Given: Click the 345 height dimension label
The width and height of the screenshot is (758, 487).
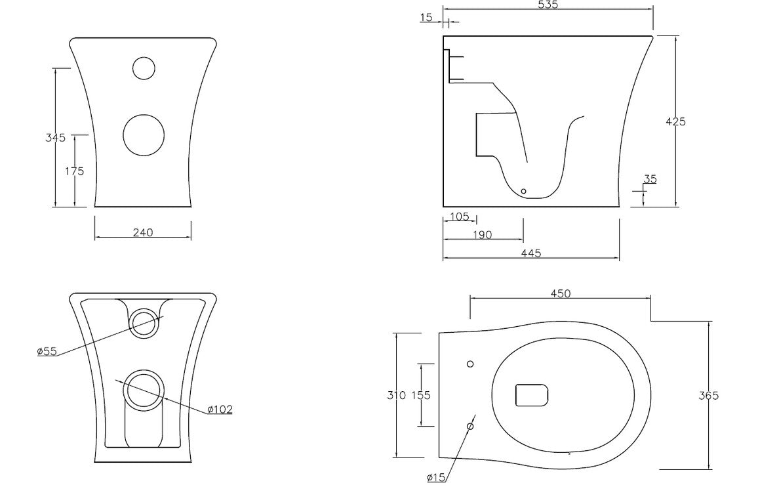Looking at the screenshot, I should (x=56, y=138).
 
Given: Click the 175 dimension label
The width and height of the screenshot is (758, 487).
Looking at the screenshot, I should (x=75, y=171).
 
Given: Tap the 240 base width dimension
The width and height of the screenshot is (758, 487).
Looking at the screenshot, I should (x=143, y=232).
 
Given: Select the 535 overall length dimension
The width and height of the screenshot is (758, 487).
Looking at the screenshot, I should (x=548, y=5).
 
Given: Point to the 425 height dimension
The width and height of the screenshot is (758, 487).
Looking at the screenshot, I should (x=675, y=121).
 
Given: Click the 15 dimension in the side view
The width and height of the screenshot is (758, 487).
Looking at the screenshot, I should (x=427, y=18).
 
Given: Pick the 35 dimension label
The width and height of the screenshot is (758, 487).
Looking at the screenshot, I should (x=650, y=179).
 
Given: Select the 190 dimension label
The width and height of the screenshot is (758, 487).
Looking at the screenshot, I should (x=482, y=235).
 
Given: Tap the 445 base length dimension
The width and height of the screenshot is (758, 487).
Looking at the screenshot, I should (x=531, y=253).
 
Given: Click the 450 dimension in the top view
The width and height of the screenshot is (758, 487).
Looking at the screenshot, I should (x=560, y=293).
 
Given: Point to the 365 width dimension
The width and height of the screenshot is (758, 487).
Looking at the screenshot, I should (x=709, y=395).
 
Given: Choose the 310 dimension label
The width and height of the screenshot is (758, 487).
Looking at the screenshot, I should (x=395, y=395).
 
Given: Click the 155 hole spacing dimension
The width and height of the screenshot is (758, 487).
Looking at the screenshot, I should (x=420, y=395).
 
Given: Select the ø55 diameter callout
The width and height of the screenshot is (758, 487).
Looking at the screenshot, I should (x=47, y=351).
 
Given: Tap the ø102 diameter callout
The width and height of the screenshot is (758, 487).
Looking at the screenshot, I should (x=220, y=410).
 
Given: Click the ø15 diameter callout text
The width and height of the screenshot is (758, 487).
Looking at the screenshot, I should (x=436, y=477).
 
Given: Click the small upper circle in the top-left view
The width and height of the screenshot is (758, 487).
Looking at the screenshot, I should (x=143, y=68).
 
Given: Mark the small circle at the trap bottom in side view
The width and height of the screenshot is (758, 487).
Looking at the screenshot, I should (x=523, y=191).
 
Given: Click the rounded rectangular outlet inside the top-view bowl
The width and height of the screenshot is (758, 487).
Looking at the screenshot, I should (x=532, y=395).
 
